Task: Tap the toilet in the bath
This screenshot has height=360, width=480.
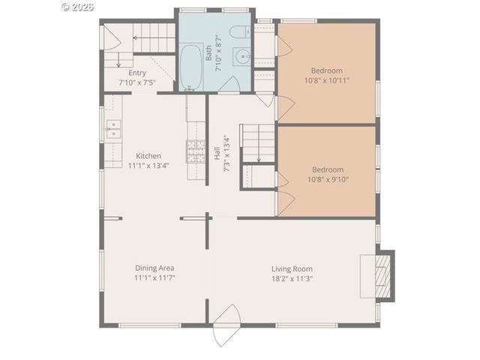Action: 237,31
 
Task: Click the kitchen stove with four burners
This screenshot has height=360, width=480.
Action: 196,151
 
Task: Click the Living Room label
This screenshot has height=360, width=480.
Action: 292,268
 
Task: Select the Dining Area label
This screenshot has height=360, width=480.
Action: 154,268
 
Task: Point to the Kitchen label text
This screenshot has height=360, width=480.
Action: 148,156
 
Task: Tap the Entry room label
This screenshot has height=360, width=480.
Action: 137,73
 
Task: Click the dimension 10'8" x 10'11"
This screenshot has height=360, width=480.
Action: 327,79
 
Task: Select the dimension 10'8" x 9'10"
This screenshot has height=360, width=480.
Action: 327,178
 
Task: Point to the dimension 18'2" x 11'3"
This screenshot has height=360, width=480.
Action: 292,278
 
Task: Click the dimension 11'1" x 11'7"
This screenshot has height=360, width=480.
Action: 154,277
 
